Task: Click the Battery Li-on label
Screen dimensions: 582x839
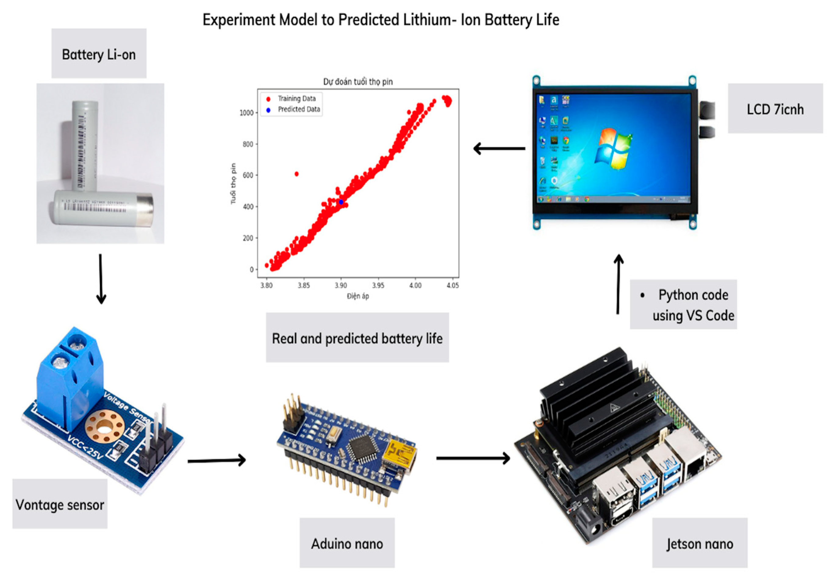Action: click(99, 54)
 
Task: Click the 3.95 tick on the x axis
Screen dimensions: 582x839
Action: click(378, 285)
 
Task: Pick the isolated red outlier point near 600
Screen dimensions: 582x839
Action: click(296, 174)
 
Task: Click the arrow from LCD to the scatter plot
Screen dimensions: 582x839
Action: click(499, 148)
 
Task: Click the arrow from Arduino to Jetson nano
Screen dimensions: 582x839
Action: click(473, 458)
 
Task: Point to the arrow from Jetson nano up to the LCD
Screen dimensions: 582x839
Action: click(618, 284)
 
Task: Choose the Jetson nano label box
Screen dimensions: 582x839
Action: click(699, 543)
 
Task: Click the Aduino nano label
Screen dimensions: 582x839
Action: click(347, 543)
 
